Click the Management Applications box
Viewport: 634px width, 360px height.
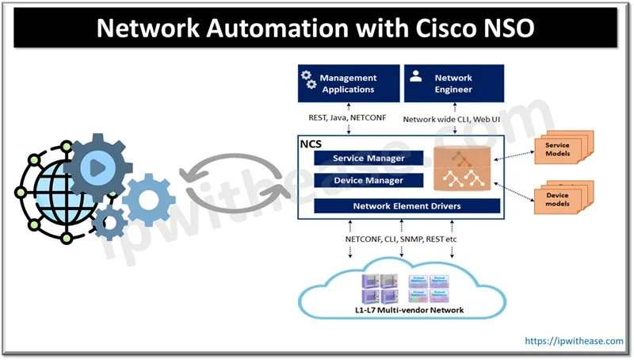[346, 83]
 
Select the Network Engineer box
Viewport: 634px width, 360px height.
[453, 83]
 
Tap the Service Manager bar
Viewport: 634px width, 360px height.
[369, 158]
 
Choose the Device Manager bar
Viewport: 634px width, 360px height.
[369, 180]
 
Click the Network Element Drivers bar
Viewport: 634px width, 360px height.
[407, 206]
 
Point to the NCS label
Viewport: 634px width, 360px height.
[310, 145]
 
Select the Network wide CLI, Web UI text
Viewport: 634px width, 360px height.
[452, 119]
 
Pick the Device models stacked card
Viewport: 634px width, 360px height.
[558, 199]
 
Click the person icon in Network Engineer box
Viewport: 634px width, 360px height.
[415, 78]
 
